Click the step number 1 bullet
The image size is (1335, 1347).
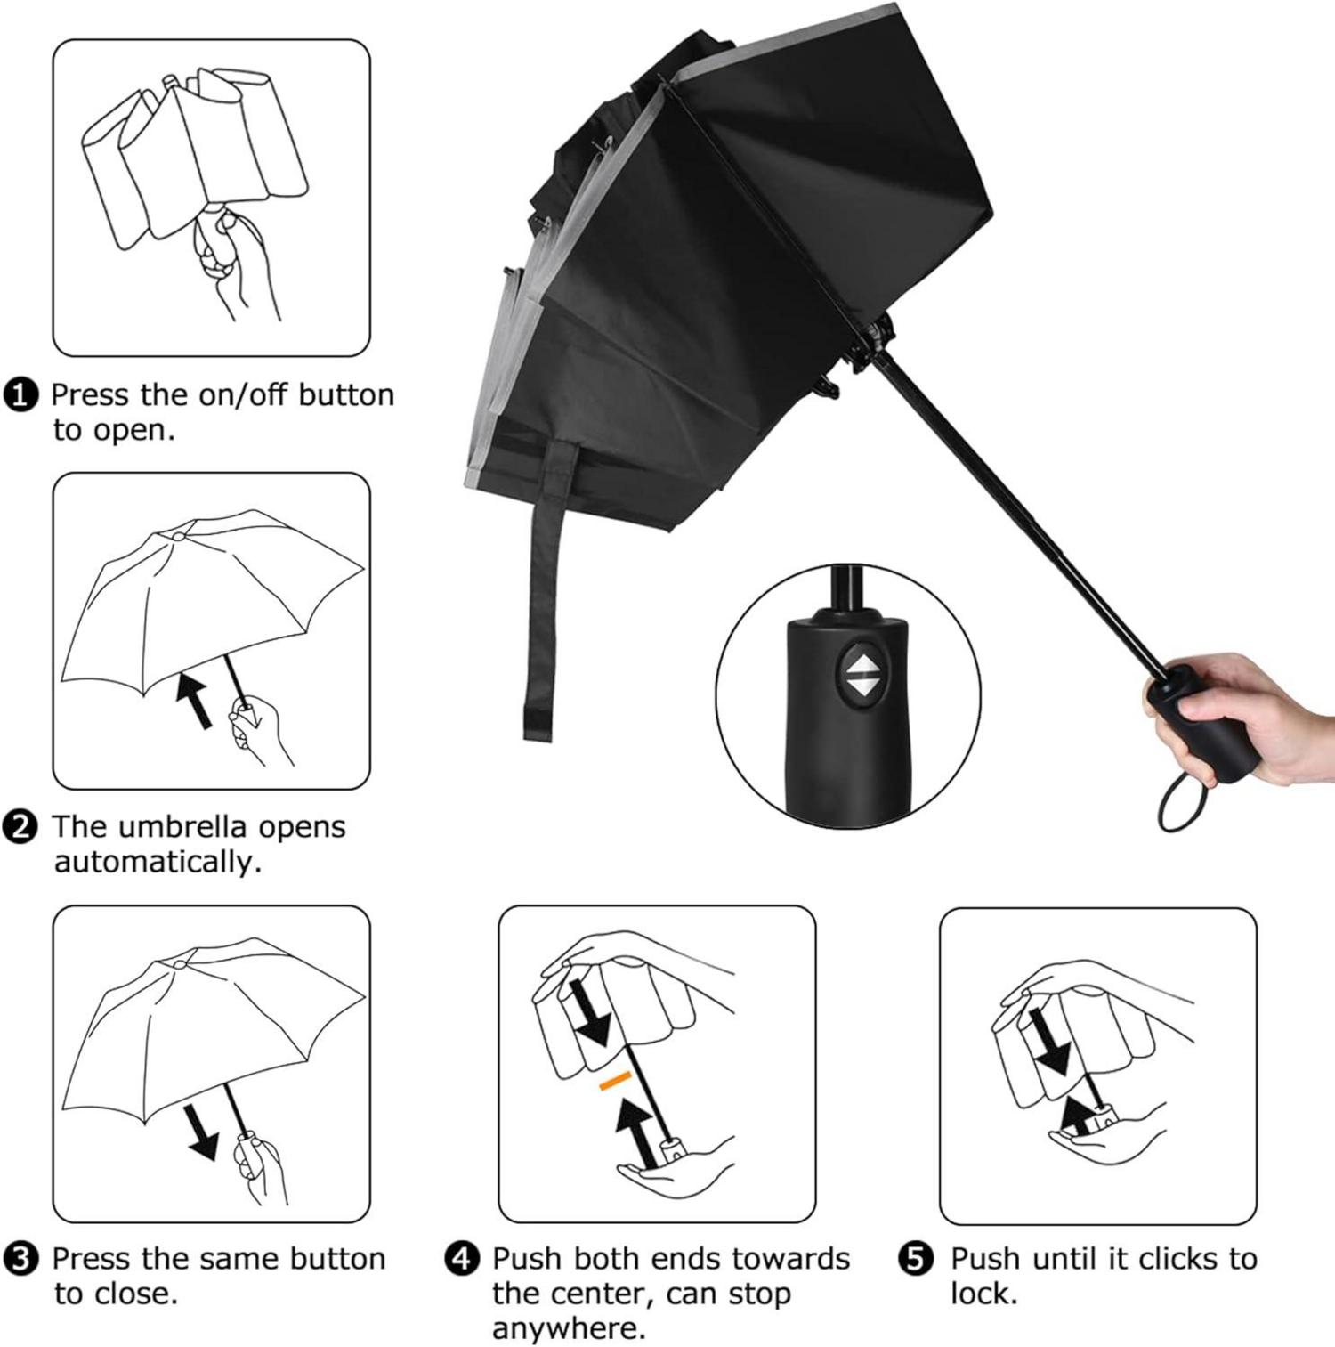pos(22,394)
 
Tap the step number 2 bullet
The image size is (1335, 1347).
pos(22,827)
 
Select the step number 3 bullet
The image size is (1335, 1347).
pos(22,1259)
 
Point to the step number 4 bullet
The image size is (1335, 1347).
pos(462,1259)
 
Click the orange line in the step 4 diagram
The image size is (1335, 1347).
pos(615,1080)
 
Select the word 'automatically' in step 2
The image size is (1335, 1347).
pos(158,862)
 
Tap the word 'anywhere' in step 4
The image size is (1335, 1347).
pos(568,1328)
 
